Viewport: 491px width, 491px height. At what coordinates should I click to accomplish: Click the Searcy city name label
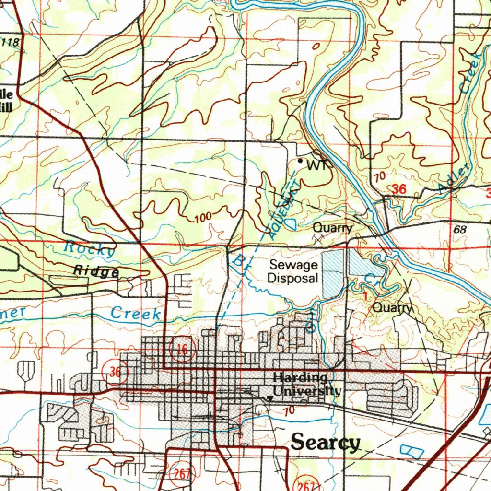[325, 442]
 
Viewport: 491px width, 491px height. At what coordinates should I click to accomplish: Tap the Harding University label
[307, 385]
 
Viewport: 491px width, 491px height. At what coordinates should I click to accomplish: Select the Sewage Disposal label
[293, 271]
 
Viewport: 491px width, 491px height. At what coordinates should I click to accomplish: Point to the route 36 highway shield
[115, 372]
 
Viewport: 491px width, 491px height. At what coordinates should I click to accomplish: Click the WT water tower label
[318, 165]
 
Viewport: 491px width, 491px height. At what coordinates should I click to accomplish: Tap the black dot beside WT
[301, 162]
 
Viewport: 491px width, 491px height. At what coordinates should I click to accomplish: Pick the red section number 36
[399, 189]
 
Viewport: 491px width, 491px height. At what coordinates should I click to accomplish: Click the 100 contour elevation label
[203, 218]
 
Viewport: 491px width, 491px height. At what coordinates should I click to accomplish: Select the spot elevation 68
[460, 230]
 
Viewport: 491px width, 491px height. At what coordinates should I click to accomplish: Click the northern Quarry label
[333, 228]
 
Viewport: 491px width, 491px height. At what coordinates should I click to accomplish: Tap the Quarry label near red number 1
[392, 308]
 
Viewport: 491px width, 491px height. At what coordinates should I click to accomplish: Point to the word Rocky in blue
[90, 248]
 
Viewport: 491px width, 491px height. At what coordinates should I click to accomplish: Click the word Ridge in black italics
[96, 271]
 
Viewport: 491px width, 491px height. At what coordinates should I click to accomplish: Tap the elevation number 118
[11, 43]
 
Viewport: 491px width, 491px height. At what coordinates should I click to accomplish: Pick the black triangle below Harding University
[270, 399]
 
